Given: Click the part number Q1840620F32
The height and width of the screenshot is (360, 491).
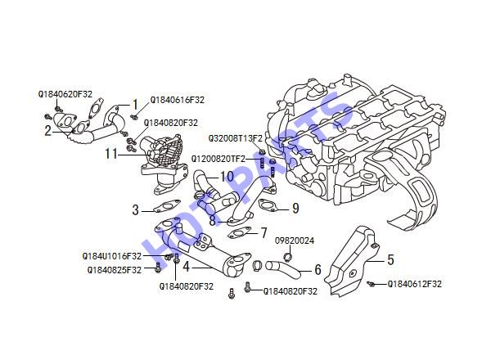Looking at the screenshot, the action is pos(65,94).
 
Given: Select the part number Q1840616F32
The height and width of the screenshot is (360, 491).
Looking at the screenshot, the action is pos(178,100).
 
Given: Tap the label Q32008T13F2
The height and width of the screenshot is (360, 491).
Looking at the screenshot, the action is pos(236,138).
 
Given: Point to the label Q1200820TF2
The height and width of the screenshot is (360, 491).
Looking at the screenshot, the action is pos(218,159).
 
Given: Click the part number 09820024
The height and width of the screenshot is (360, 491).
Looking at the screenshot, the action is pos(295,241).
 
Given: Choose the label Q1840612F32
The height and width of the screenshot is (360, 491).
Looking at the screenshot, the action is pos(415,284).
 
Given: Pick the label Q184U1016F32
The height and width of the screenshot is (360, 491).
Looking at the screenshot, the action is pos(112,256).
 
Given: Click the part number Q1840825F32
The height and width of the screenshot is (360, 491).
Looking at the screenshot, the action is pos(115,270).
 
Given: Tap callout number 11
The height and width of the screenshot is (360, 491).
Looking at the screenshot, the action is pos(111,154).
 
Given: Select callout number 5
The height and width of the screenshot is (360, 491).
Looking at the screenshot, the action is pos(390,259).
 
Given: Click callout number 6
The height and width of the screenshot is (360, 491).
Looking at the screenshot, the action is pos(318,269).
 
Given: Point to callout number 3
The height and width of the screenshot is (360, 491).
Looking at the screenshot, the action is pos(135,209).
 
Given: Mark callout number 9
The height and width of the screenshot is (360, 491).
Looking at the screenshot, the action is pos(295,208).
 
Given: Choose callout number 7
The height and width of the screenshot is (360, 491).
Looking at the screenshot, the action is pos(264,233).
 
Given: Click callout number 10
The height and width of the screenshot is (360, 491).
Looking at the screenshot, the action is pos(227,177).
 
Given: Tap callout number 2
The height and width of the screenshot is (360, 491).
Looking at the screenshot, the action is pos(47,131).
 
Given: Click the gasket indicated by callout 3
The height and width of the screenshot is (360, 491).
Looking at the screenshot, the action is pos(167,207).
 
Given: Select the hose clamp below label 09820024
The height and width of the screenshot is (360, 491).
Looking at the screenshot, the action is pos(288,258).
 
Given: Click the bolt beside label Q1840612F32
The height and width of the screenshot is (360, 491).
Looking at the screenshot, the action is pos(371,284).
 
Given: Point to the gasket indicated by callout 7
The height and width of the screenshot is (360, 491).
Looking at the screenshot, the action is pos(240,233).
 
